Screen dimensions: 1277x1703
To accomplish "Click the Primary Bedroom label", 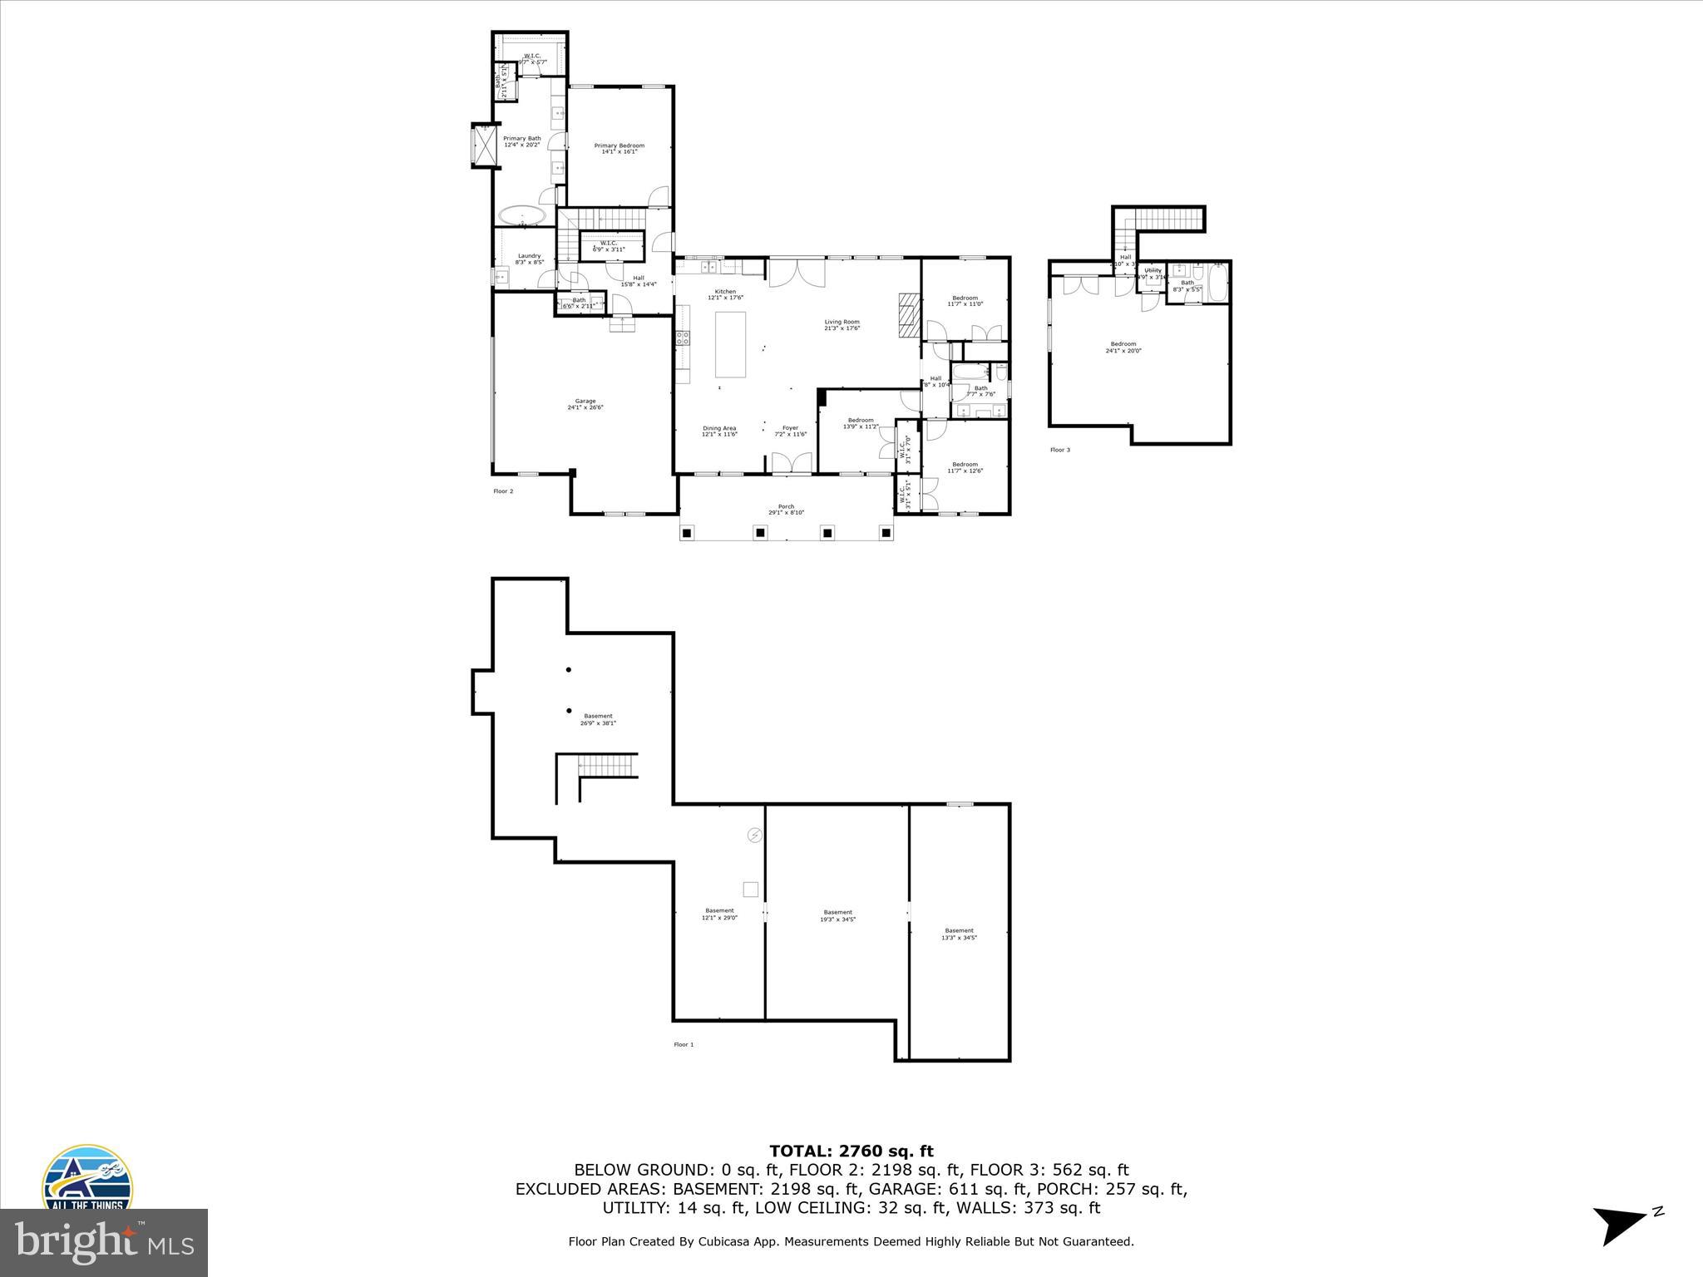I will point(619,148).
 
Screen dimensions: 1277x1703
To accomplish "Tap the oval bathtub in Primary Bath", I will point(522,215).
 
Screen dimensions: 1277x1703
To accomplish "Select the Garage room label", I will point(585,404).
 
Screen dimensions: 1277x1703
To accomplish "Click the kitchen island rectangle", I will point(731,344).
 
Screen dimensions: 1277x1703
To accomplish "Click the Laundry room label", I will point(530,259).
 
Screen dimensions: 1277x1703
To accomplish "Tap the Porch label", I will point(786,509).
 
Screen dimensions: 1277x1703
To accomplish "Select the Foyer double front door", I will point(791,463).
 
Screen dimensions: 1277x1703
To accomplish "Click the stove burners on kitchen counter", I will point(682,338).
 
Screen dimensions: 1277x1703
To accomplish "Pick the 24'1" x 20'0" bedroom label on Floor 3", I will point(1123,347).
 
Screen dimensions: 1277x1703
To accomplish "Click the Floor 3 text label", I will point(1059,450).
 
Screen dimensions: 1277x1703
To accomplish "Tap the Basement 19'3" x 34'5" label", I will point(837,915).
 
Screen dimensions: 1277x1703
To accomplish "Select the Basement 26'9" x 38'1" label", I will point(598,719).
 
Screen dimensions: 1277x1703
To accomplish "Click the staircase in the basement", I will point(607,765).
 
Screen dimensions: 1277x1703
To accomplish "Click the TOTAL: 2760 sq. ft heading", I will point(851,1151).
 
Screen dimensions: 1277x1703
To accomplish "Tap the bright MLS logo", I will point(104,1242).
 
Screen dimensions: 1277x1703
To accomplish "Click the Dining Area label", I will point(719,431).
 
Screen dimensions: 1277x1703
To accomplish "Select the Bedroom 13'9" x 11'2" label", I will point(860,423).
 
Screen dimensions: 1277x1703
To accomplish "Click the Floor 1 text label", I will point(683,1044).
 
